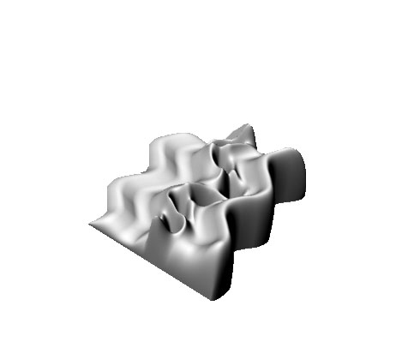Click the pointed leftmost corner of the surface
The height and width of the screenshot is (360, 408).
point(89,225)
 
